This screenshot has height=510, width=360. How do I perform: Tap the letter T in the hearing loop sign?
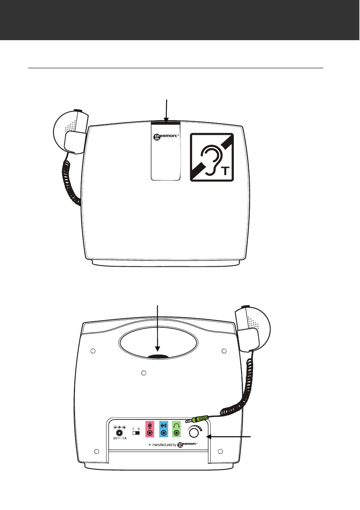click(x=225, y=171)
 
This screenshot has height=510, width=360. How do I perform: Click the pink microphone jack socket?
click(x=150, y=433)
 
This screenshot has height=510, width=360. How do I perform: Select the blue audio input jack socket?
click(x=163, y=433)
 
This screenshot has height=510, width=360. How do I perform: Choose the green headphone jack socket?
click(x=177, y=433)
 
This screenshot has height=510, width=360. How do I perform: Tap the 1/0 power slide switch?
click(x=136, y=433)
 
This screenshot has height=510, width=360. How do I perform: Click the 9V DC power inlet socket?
click(x=120, y=432)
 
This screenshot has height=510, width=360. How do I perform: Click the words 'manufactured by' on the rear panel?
click(x=164, y=445)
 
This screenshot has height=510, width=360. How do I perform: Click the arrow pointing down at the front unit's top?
click(x=167, y=111)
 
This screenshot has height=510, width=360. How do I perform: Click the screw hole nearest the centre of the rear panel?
click(x=144, y=373)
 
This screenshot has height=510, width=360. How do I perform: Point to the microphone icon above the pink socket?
click(x=150, y=425)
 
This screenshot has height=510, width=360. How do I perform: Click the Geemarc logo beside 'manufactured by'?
click(x=187, y=444)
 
